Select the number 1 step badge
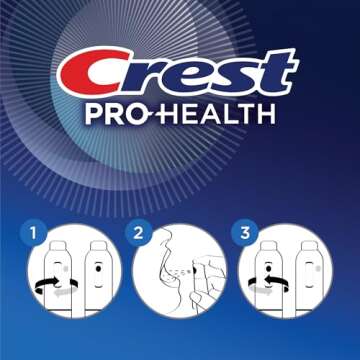pos(34,234)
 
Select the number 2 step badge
pos(138,234)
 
